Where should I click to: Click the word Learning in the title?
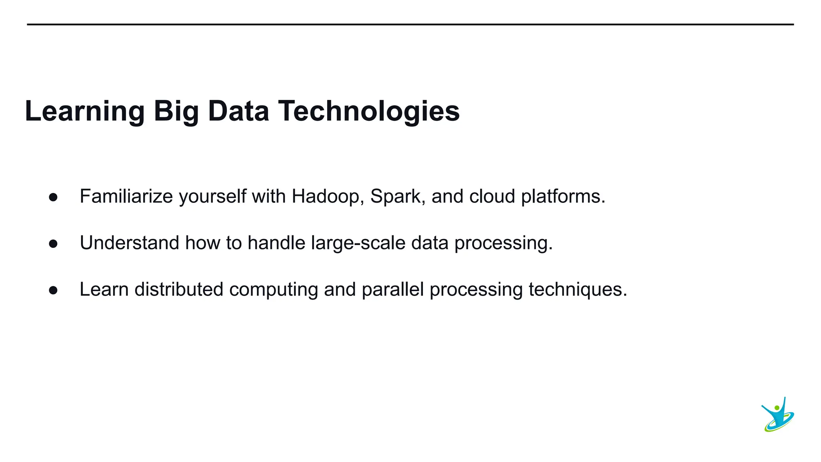click(x=85, y=111)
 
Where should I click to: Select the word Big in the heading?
click(x=176, y=111)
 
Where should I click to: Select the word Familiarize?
click(x=126, y=197)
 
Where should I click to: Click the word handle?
click(x=277, y=243)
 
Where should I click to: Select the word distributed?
click(x=179, y=290)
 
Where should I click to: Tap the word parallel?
click(x=392, y=290)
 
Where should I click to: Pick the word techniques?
click(x=577, y=290)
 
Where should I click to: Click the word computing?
click(x=273, y=290)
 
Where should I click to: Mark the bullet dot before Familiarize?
click(x=53, y=197)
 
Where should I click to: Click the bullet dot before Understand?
click(x=53, y=244)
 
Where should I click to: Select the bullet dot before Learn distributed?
click(x=53, y=290)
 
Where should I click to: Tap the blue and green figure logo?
click(x=778, y=415)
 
